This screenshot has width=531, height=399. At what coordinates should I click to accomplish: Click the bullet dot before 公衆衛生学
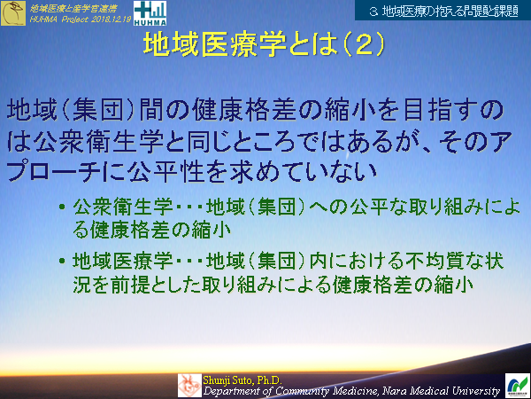pyautogui.click(x=61, y=208)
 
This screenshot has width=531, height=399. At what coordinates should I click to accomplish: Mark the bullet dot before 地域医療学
pyautogui.click(x=61, y=262)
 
